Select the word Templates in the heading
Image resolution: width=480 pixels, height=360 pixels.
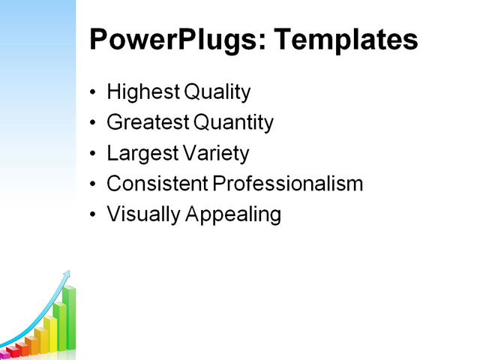tap(346, 40)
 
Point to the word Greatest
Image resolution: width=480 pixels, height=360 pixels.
tap(148, 123)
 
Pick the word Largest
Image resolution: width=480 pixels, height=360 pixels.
tap(140, 154)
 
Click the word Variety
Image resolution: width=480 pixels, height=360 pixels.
tap(214, 154)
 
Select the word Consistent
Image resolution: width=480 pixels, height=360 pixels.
tap(157, 184)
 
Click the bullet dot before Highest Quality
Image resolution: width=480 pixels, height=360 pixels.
tap(93, 94)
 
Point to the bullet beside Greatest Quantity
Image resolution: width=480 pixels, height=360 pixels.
tap(93, 124)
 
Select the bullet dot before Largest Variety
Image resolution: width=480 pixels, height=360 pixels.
tap(93, 154)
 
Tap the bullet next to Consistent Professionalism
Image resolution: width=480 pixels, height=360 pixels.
tap(93, 184)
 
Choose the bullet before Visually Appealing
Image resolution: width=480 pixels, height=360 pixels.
tap(93, 215)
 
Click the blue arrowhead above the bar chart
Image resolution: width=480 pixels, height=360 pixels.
tap(67, 274)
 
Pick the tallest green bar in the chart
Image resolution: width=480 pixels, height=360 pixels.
tap(69, 319)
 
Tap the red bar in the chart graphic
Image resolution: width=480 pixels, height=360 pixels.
tap(14, 351)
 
